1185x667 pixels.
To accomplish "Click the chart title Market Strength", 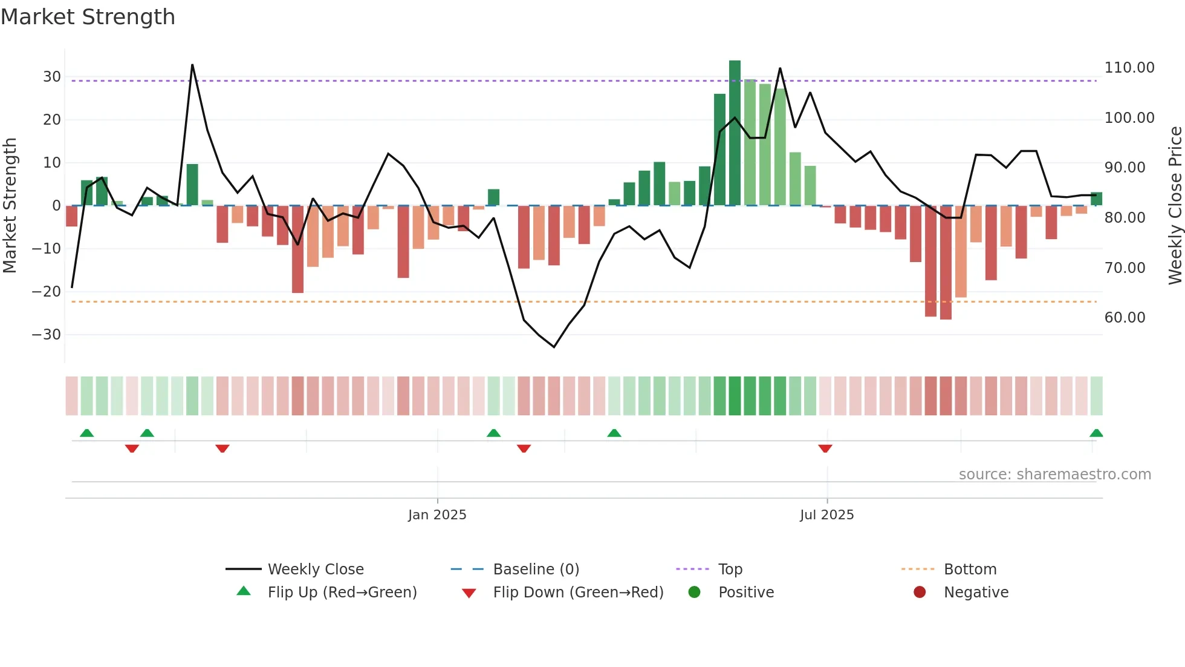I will (x=88, y=17).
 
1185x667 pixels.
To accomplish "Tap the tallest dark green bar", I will (x=735, y=133).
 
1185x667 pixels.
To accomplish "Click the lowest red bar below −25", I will (x=946, y=263).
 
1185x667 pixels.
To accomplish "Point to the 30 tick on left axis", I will (x=52, y=77).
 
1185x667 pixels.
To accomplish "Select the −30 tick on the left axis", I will (x=47, y=335).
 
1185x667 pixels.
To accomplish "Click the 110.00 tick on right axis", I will (x=1129, y=68).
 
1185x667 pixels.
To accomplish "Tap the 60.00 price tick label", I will (x=1125, y=318).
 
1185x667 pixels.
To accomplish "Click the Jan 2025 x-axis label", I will (x=437, y=515).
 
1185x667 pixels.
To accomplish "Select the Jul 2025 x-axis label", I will (x=826, y=515).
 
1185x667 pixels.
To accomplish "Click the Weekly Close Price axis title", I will (x=1175, y=206).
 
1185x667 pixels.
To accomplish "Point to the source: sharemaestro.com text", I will (x=1054, y=475).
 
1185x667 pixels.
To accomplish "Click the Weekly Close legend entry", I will (x=316, y=570).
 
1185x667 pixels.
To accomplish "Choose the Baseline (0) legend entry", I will (x=536, y=570).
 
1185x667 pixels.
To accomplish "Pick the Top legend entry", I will (x=730, y=570).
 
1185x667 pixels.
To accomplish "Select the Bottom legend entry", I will (x=970, y=570).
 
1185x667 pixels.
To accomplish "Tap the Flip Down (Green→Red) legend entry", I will (x=578, y=593).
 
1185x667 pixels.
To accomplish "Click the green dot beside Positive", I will (x=694, y=593).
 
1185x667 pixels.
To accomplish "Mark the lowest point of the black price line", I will (x=554, y=347).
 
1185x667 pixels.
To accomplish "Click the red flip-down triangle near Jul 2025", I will (x=825, y=448).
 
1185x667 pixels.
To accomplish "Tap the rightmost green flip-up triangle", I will (x=1096, y=433).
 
